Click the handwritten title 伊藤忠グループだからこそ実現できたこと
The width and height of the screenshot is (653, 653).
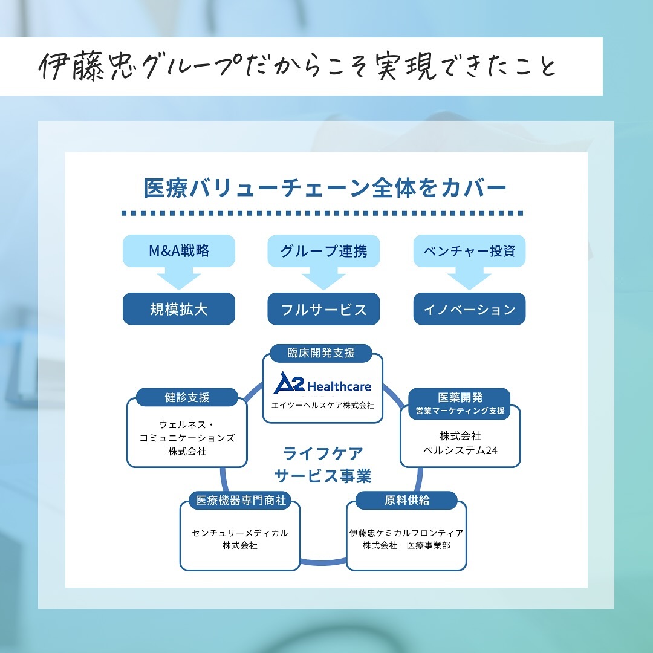pos(297,67)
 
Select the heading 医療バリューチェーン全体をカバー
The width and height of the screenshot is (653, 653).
pos(325,188)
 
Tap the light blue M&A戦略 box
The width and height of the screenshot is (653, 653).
pos(179,250)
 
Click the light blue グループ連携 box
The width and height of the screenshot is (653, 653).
pos(323,250)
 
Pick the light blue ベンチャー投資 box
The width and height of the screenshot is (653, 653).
pos(469,250)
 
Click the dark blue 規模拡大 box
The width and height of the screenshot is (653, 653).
pos(179,309)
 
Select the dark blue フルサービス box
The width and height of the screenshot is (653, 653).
pos(323,309)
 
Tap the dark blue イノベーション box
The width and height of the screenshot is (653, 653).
pos(469,309)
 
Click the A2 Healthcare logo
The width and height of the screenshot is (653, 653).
pos(322,384)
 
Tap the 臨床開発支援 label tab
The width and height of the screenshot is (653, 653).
pos(321,352)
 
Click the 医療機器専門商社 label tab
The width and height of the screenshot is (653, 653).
pos(239,501)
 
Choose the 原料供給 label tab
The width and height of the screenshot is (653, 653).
pos(406,501)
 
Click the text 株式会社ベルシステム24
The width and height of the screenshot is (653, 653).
pos(460,443)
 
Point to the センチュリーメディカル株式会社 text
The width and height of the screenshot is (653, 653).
pos(240,539)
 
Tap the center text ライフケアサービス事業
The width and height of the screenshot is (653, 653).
pos(323,464)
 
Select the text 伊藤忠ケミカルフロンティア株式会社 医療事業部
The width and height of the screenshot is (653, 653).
pos(406,539)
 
